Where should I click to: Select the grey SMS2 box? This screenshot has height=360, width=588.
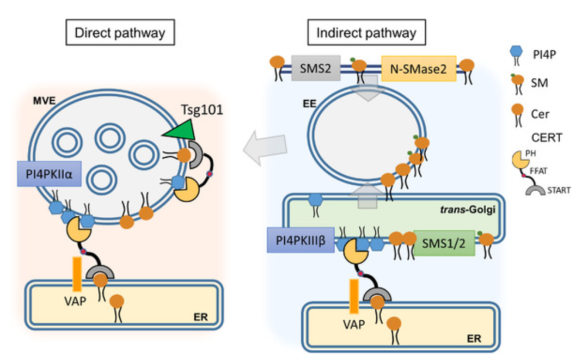tap(316, 68)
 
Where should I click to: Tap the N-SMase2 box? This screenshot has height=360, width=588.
tap(418, 69)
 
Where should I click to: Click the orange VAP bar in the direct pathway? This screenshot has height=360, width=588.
tap(78, 274)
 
